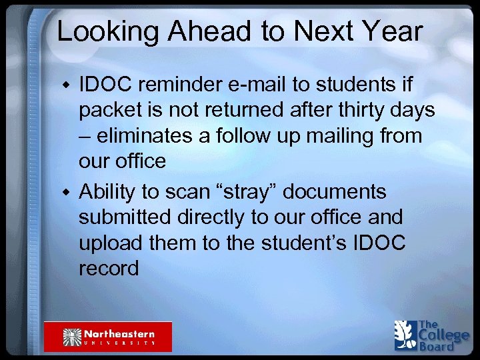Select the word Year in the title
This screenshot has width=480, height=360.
point(389,31)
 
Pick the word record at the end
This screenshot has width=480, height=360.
point(109,268)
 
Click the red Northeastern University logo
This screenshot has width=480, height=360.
point(108,337)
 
